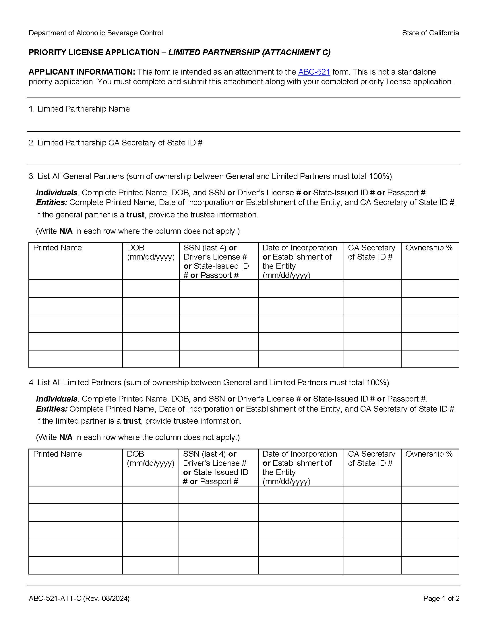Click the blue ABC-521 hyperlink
tap(314, 72)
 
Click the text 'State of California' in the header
tap(430, 33)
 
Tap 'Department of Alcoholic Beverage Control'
tap(96, 33)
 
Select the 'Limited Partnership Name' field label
tap(83, 109)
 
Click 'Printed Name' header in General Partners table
tap(57, 248)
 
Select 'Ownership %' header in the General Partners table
tap(429, 248)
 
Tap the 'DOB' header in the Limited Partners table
tap(135, 454)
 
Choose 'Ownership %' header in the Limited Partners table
tap(429, 454)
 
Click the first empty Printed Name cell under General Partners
tap(75, 289)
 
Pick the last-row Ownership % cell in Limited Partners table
tap(430, 565)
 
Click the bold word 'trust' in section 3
tap(135, 215)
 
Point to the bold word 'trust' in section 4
tap(132, 421)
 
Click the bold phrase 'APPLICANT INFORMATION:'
tap(82, 72)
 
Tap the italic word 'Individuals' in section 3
tap(57, 193)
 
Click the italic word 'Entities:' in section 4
tap(51, 409)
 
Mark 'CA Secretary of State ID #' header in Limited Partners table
tap(371, 459)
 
